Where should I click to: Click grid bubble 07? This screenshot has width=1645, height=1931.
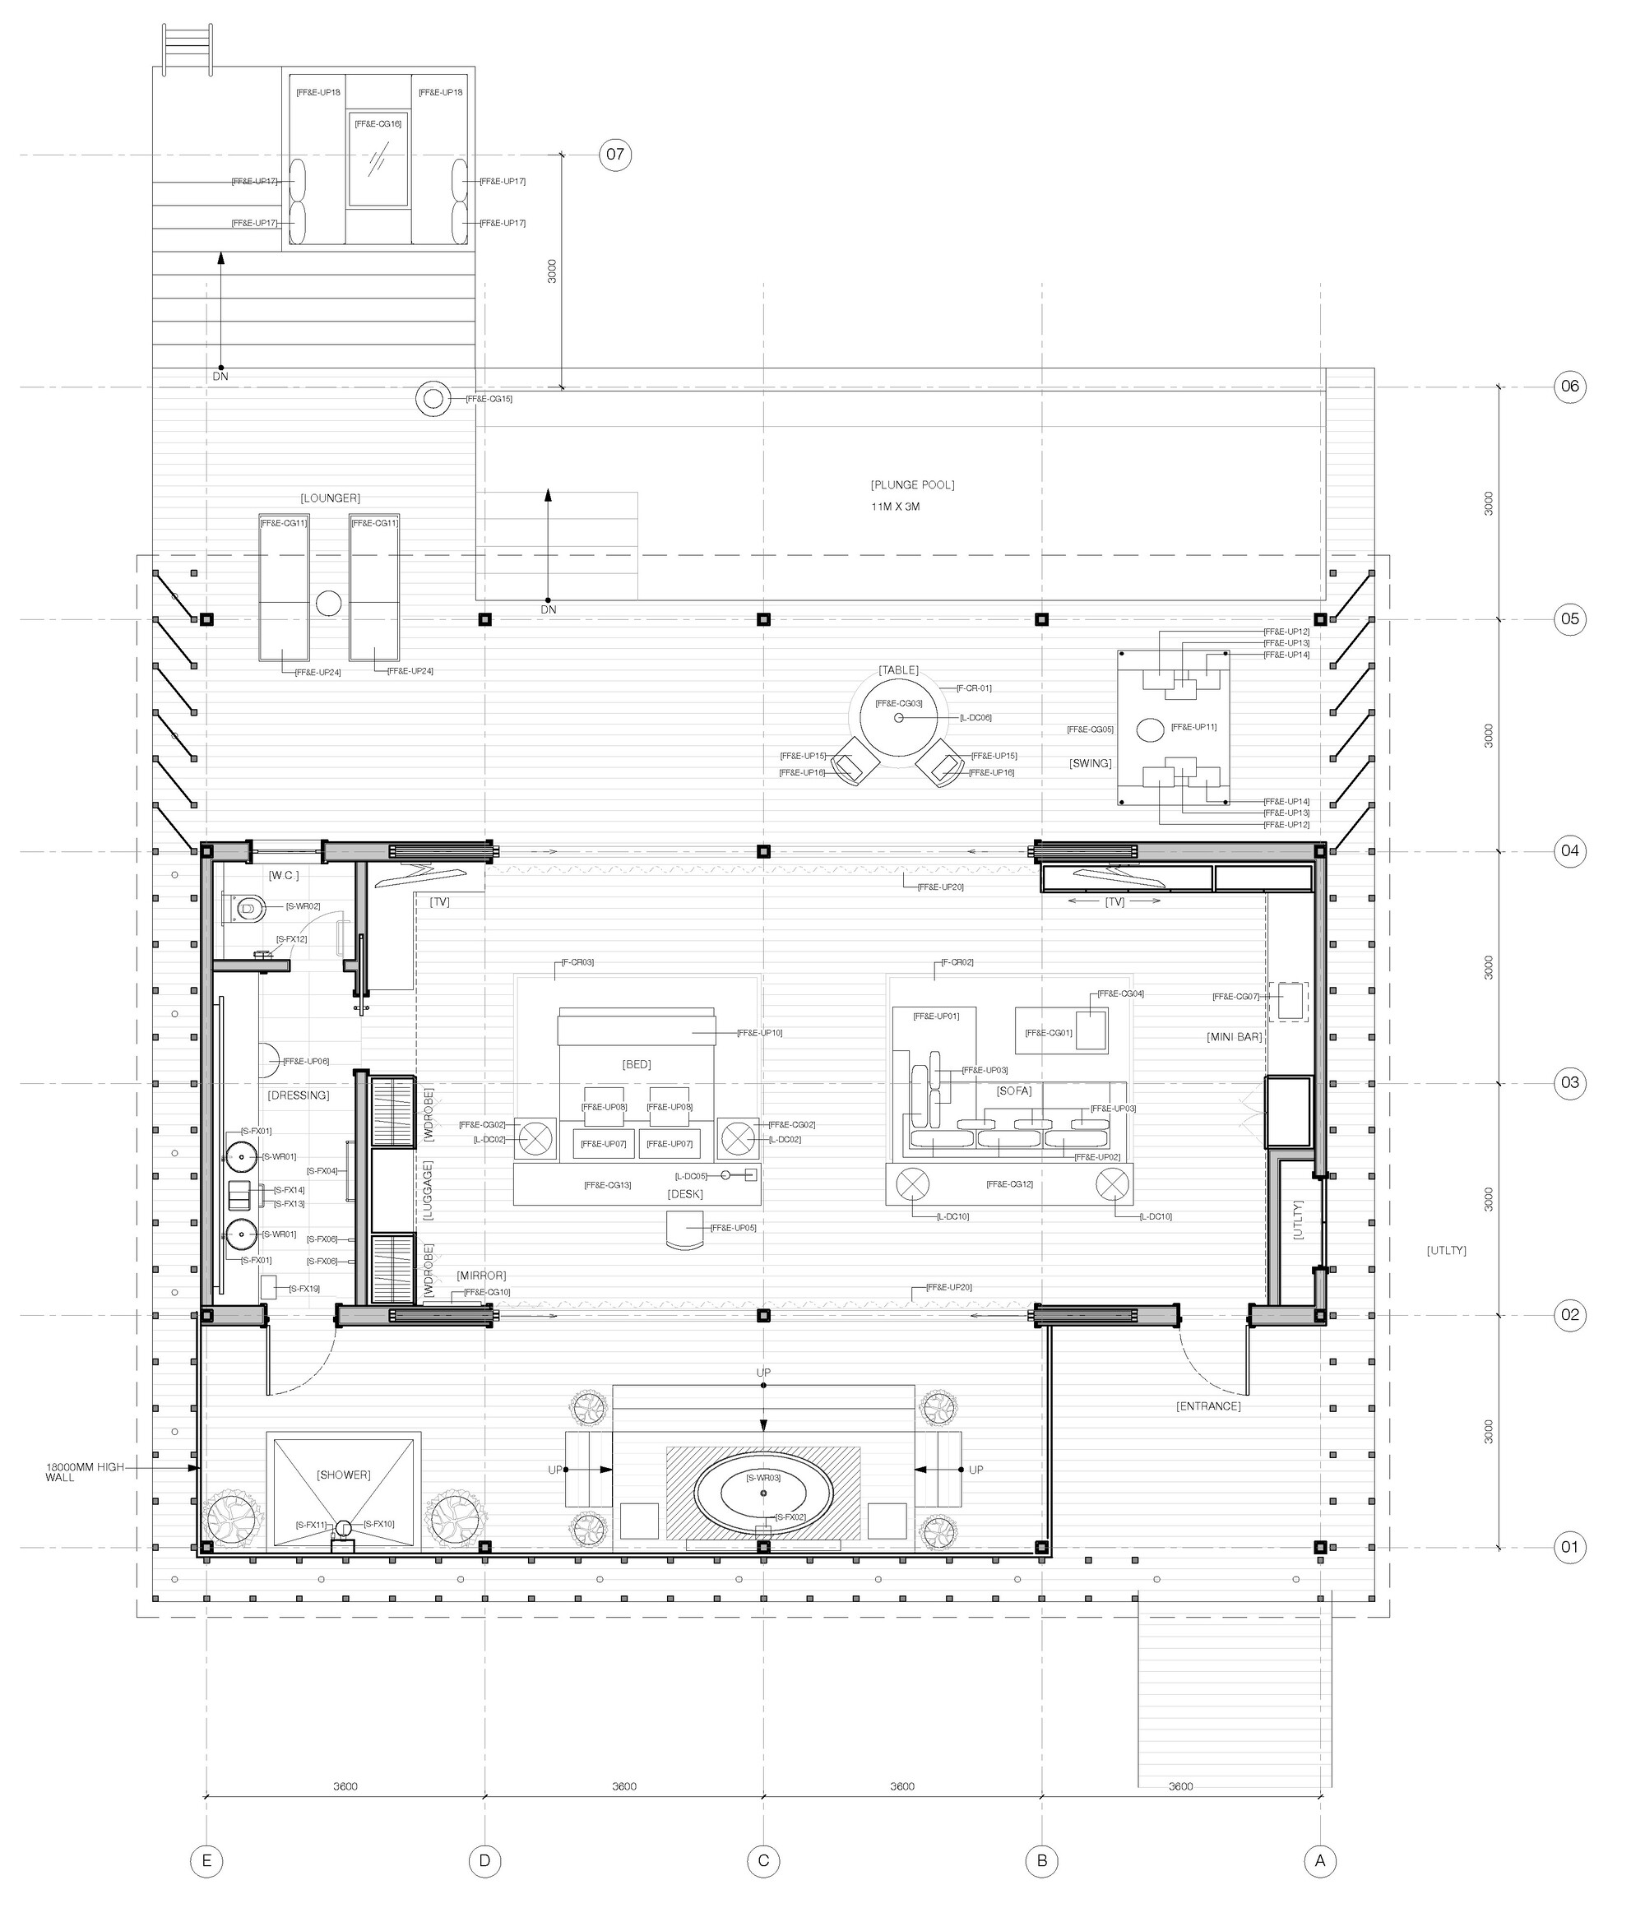tap(615, 154)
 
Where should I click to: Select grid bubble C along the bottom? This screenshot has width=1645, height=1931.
tap(763, 1861)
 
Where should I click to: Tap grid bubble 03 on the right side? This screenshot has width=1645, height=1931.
tap(1570, 1083)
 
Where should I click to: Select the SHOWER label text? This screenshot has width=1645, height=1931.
tap(344, 1475)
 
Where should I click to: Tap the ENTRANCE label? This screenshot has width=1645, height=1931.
tap(1208, 1406)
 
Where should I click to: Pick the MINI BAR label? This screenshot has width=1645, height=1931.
tap(1234, 1036)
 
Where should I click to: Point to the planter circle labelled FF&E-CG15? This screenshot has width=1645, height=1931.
tap(433, 399)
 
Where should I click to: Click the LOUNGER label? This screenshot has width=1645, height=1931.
tap(330, 498)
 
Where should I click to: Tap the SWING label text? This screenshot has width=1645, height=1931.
tap(1091, 763)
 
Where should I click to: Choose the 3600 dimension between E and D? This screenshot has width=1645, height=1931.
tap(345, 1786)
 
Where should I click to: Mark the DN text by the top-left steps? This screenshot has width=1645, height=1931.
tap(220, 377)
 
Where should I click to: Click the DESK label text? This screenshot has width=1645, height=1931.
tap(685, 1195)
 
